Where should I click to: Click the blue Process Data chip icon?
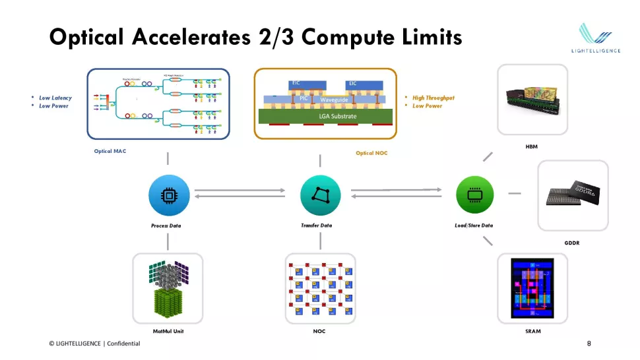coord(170,195)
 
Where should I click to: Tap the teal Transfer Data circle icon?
coord(320,195)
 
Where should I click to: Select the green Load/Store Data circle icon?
coord(474,195)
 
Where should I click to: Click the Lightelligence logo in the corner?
coord(595,40)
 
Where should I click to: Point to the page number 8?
coord(589,344)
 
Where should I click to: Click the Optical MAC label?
coord(110,151)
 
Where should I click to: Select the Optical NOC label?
coord(371,153)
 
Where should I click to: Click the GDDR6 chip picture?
coord(572,195)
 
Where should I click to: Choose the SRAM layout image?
coord(532,288)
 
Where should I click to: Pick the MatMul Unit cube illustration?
coord(168,288)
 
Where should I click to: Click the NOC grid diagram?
coord(320,288)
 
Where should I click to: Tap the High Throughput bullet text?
coord(433,98)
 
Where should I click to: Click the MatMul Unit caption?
coord(168,331)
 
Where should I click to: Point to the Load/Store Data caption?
coord(474,225)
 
